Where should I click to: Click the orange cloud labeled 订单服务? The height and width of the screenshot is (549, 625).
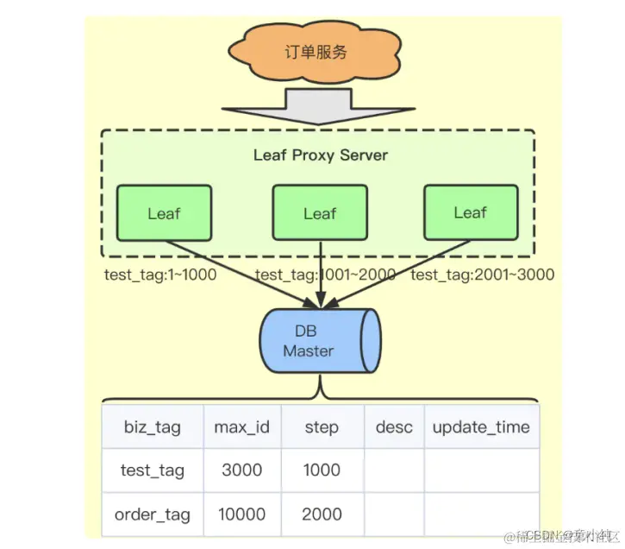[x=316, y=52]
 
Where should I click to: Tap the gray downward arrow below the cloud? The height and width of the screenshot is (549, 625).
[x=316, y=107]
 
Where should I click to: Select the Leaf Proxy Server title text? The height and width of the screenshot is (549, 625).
[x=320, y=155]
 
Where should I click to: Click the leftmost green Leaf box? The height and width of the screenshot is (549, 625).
[x=164, y=212]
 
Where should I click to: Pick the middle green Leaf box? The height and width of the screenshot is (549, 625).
[x=319, y=212]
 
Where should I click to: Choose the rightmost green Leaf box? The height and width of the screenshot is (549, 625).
[x=470, y=211]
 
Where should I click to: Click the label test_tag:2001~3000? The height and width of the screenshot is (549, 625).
[x=482, y=275]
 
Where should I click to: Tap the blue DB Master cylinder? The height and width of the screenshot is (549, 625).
[x=317, y=342]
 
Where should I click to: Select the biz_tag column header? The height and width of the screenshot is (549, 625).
[x=153, y=427]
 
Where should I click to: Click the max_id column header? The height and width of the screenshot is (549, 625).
[x=241, y=427]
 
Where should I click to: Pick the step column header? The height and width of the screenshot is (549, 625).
[x=322, y=427]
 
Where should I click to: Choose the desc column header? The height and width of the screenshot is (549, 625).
[x=394, y=427]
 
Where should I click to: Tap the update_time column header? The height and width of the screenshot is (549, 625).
[x=481, y=427]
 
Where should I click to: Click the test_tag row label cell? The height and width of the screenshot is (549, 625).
[x=153, y=471]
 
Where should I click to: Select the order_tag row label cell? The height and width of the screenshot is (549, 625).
[x=153, y=515]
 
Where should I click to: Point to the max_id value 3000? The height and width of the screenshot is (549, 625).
[x=241, y=471]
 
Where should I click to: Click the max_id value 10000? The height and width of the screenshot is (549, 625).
[x=241, y=515]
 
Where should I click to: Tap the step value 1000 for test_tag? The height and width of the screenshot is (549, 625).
[x=322, y=471]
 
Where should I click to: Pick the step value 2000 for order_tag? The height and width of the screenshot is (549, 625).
[x=322, y=515]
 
